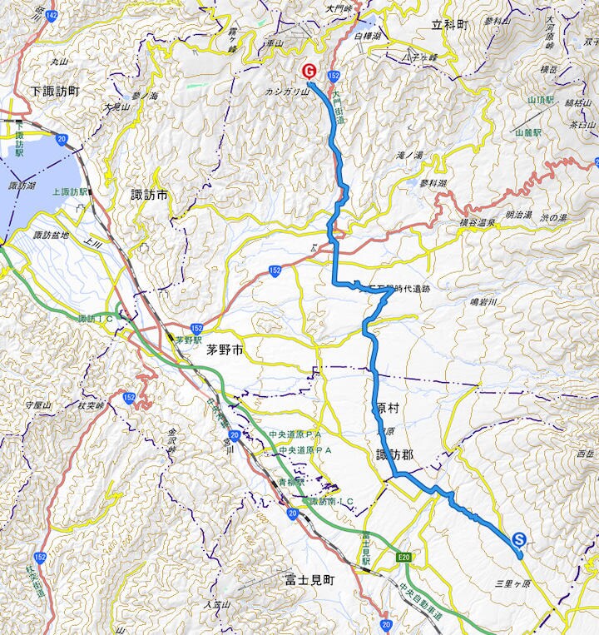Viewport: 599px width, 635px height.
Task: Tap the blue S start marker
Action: click(519, 539)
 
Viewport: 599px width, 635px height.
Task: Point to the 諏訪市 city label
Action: click(150, 195)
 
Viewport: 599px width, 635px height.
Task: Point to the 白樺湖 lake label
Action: click(366, 37)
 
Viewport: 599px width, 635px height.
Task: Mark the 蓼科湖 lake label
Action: click(433, 183)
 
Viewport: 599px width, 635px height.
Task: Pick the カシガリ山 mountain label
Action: click(287, 92)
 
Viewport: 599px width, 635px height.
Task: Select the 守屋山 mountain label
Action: click(38, 404)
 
